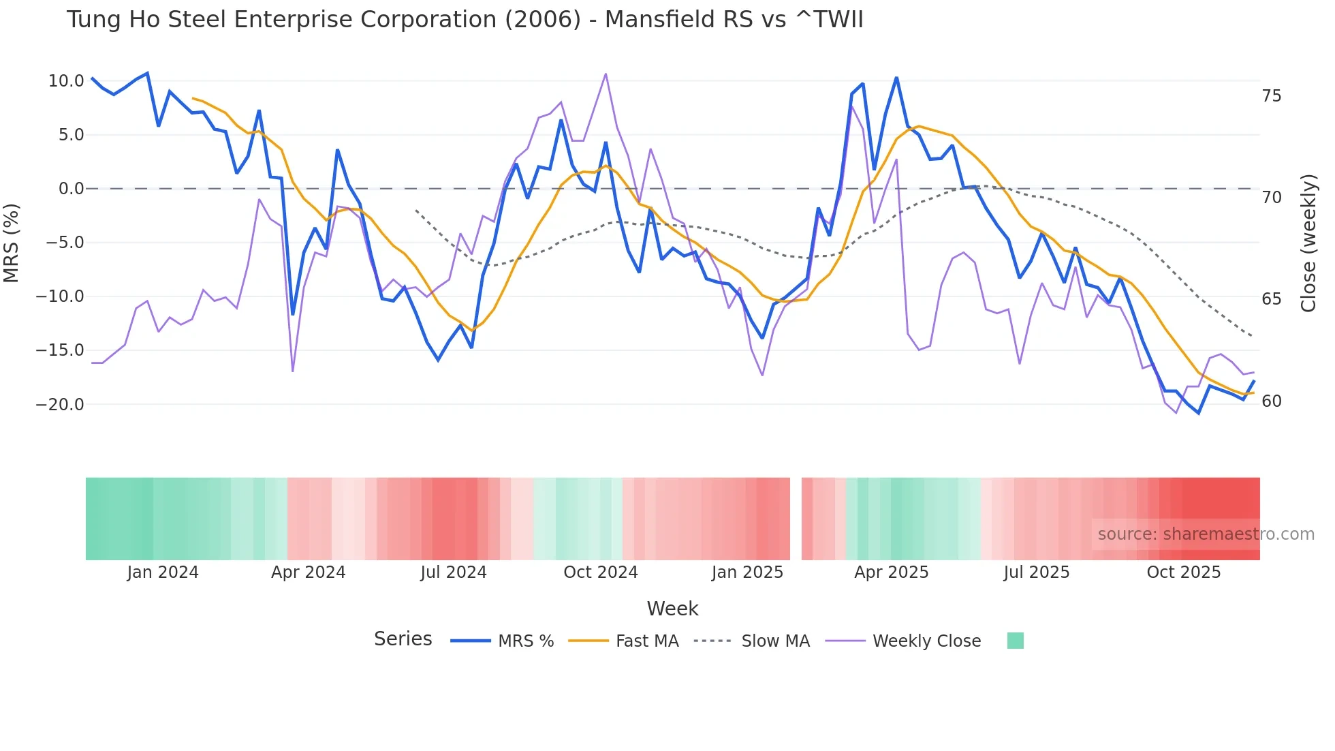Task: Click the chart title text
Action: (x=465, y=20)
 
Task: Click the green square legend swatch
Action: (x=1015, y=641)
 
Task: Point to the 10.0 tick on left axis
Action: (x=66, y=81)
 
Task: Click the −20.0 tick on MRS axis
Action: (x=60, y=405)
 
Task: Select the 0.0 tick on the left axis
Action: (x=71, y=189)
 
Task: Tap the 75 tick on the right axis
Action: (x=1271, y=96)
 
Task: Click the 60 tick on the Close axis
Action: (x=1271, y=401)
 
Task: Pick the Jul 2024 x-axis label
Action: (x=454, y=572)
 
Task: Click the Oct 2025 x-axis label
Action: (x=1183, y=572)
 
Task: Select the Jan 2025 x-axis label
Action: (x=747, y=572)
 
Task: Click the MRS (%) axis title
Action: (x=12, y=243)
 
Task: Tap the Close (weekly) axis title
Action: (x=1308, y=243)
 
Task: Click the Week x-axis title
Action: (x=672, y=609)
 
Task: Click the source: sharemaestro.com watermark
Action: (x=1206, y=534)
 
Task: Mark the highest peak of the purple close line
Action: (x=606, y=74)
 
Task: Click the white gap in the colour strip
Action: (x=796, y=519)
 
